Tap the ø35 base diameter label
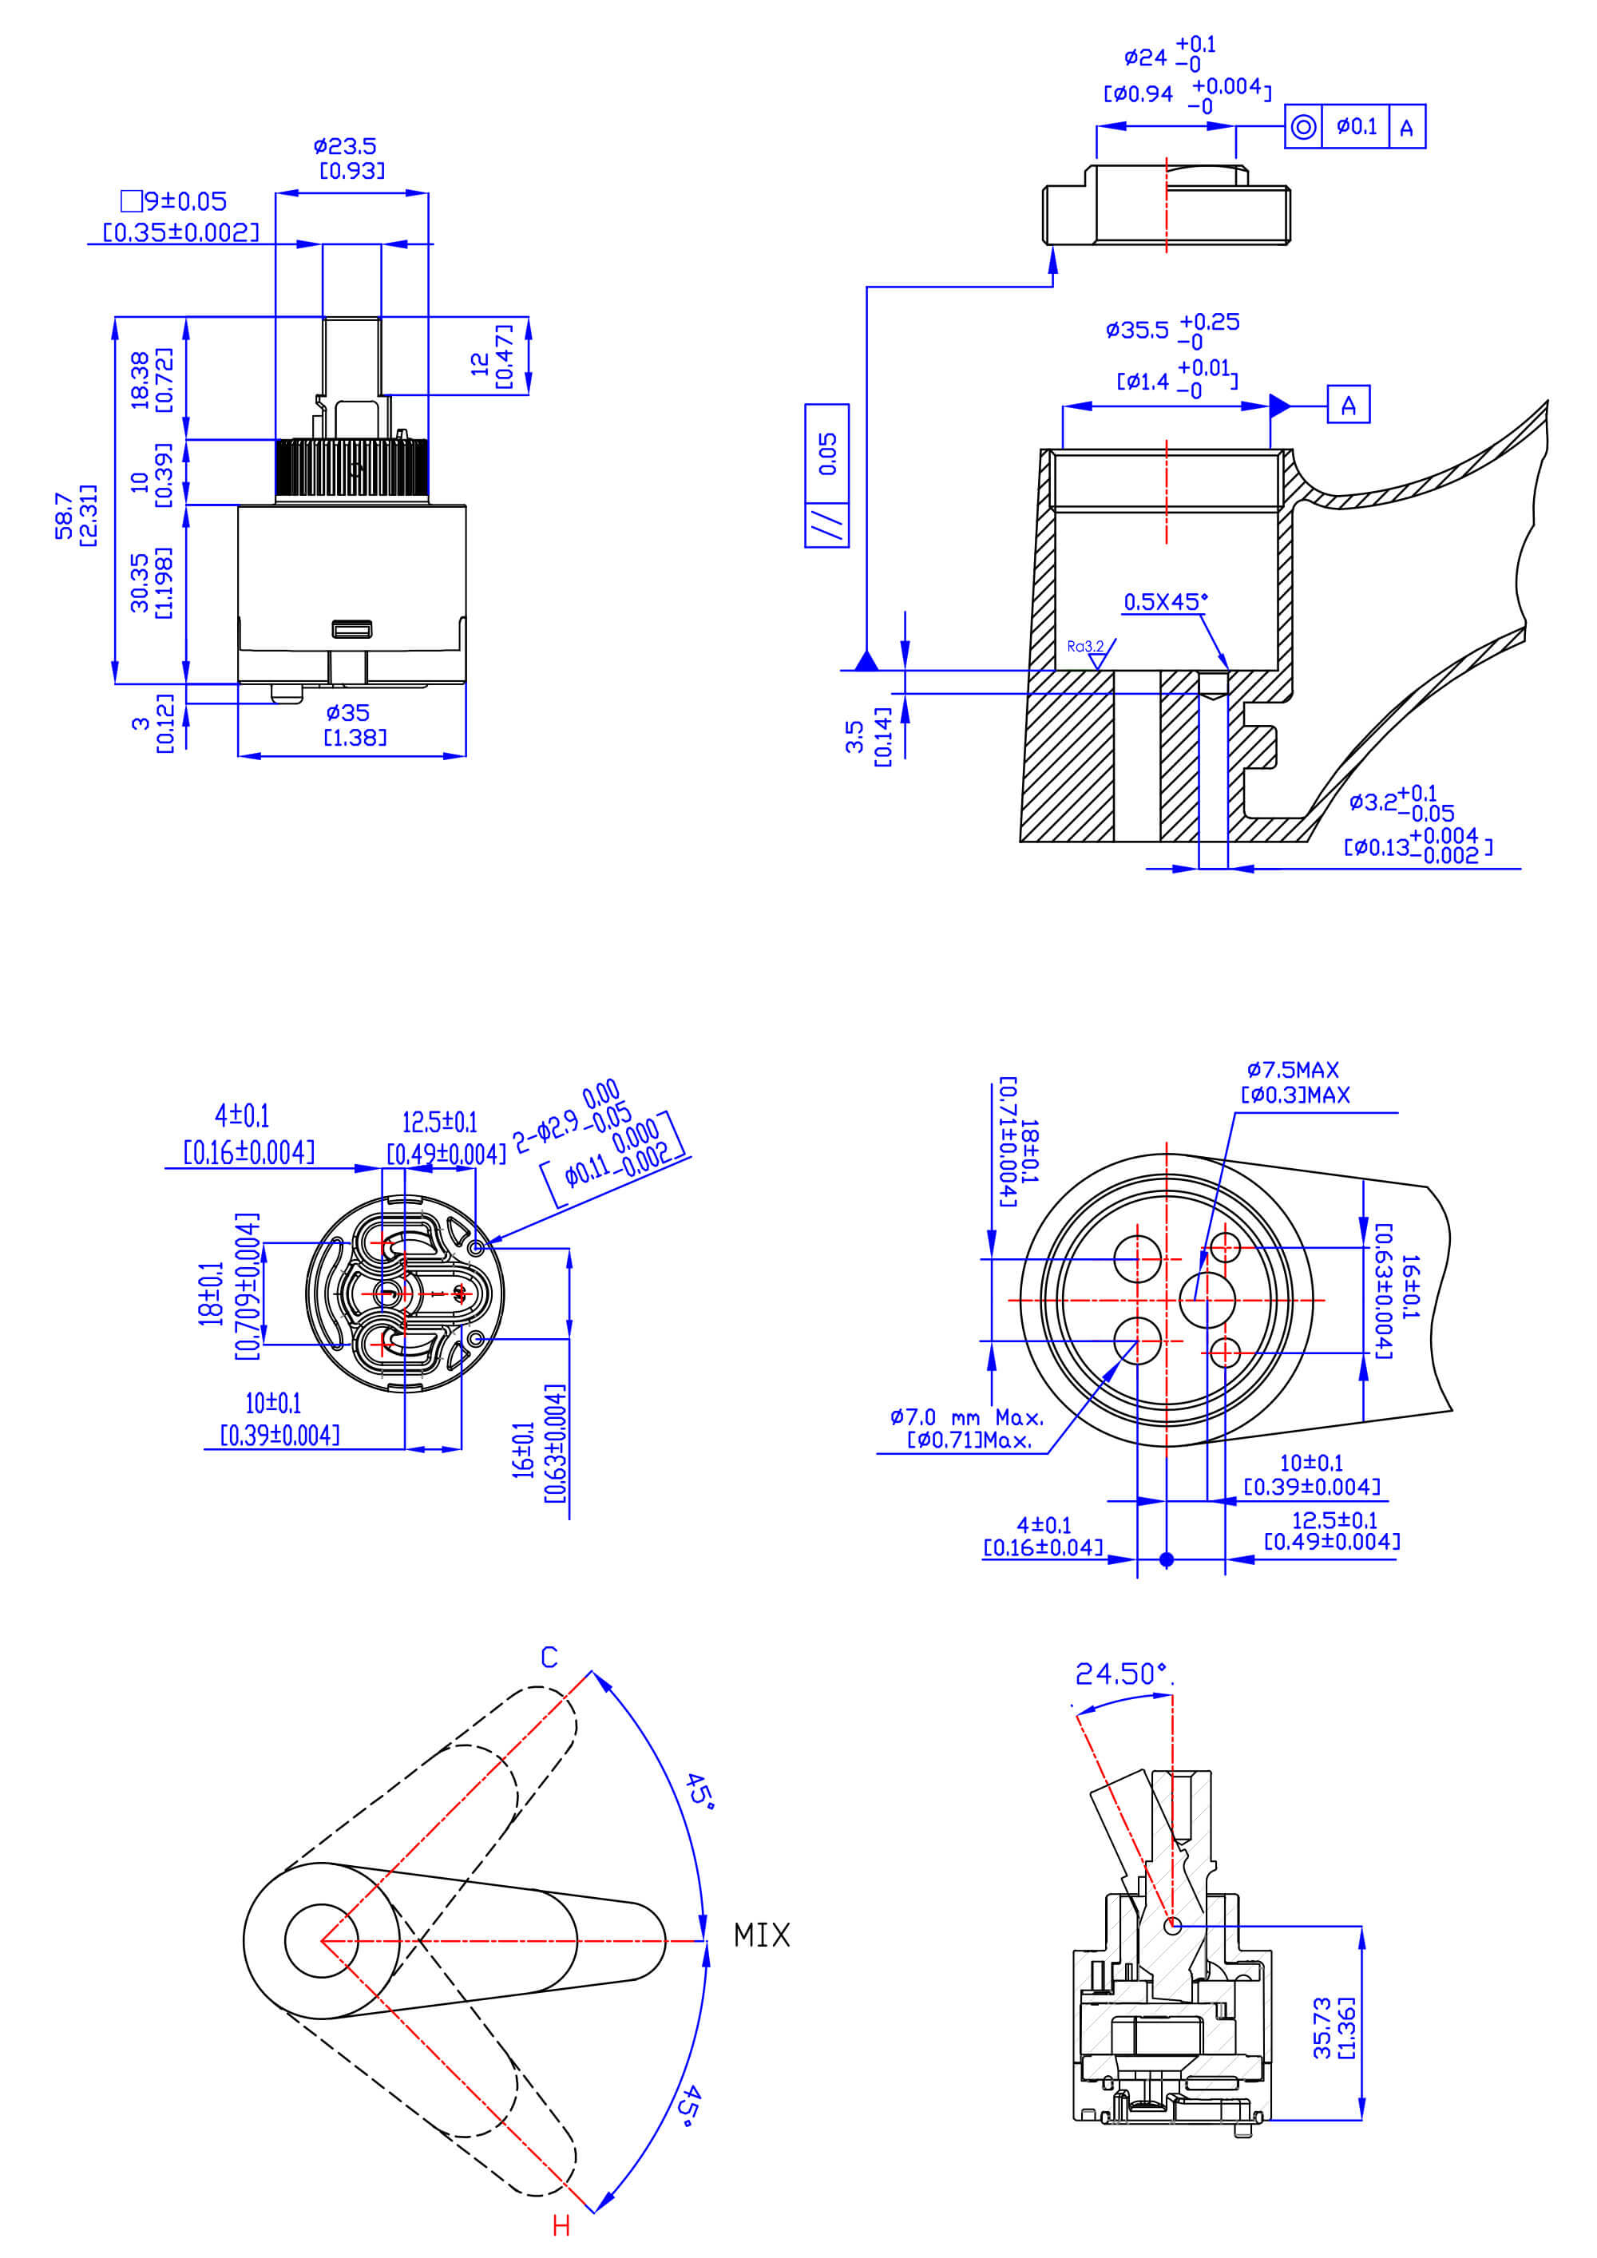coord(347,712)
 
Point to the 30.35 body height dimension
coord(140,582)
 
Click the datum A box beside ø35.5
coord(1348,405)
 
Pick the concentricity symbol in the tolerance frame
coord(1303,127)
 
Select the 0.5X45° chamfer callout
coord(1165,602)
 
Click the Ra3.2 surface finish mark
coord(1086,646)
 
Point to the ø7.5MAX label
coord(1292,1070)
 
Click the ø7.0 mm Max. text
coord(967,1417)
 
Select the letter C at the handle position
coord(549,1658)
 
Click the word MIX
coord(761,1935)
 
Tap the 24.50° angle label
coord(1121,1674)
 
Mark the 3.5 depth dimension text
coord(854,737)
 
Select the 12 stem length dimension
coord(480,364)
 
